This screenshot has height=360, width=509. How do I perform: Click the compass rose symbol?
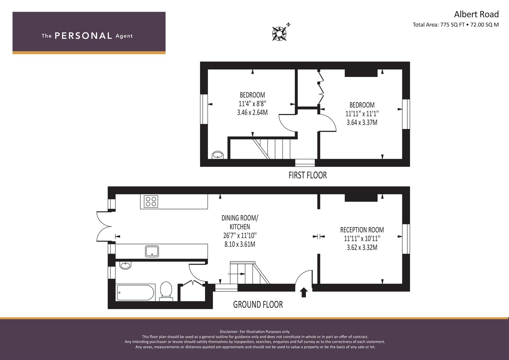coord(279,34)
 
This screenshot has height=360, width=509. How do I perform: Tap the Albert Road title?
coord(476,14)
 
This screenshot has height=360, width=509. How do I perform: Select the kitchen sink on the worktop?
coord(152,251)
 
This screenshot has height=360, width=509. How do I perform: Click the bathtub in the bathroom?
coord(136,292)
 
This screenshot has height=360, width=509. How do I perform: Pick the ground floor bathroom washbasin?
coord(125,265)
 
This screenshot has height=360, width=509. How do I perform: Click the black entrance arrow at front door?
coord(304,293)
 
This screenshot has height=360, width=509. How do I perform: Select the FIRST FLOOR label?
coord(308,175)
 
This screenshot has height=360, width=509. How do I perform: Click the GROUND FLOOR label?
coord(258,305)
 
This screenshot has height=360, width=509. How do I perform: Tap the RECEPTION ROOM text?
coord(362,230)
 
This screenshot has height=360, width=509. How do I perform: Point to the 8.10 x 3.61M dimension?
coord(240,244)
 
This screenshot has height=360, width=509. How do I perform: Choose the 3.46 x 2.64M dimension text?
coord(252,113)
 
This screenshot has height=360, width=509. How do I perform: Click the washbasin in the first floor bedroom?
coord(218,155)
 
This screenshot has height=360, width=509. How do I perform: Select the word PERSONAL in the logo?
coord(83,36)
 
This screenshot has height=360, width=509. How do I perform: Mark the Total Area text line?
coord(456,25)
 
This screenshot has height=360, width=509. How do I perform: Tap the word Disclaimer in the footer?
coord(229,332)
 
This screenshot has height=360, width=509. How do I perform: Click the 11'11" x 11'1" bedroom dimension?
coord(362,114)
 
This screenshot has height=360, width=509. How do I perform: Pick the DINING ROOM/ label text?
coord(240,218)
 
